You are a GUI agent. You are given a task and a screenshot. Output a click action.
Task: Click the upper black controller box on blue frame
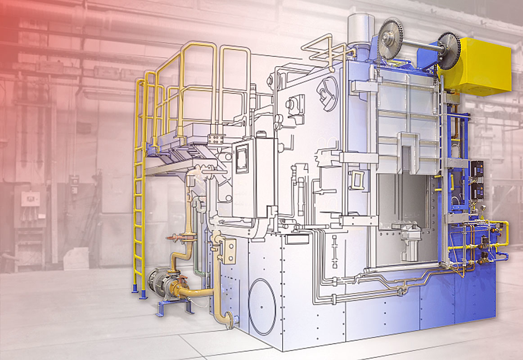pyautogui.click(x=476, y=168)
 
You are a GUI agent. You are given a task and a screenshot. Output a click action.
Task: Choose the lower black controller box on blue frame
pyautogui.click(x=476, y=191)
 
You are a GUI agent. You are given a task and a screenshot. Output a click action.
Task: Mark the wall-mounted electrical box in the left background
pyautogui.click(x=30, y=198)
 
